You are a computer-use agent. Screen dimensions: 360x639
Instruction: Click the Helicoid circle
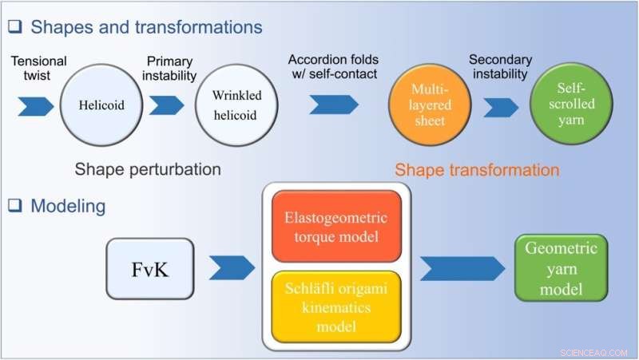[x=101, y=105]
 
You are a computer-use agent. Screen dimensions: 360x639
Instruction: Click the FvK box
[x=149, y=269]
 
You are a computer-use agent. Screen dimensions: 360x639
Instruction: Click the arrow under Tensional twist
[x=34, y=105]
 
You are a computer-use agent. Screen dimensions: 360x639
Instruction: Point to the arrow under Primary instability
[x=166, y=105]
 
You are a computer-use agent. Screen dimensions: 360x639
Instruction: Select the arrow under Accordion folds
[x=334, y=105]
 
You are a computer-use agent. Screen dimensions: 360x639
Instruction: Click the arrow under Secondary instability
[x=499, y=105]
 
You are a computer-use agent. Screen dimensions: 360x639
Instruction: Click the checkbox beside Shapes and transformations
[x=14, y=26]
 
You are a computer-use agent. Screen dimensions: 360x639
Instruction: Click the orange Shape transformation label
[x=477, y=169]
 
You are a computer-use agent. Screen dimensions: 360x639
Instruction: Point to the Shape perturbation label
[x=148, y=169]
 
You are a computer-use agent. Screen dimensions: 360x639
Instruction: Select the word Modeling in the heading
[x=68, y=206]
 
